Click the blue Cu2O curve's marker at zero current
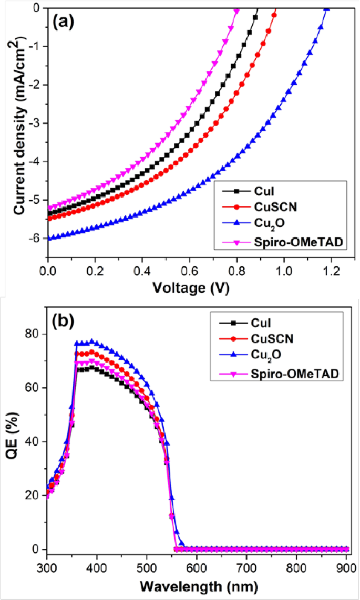tap(326, 8)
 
